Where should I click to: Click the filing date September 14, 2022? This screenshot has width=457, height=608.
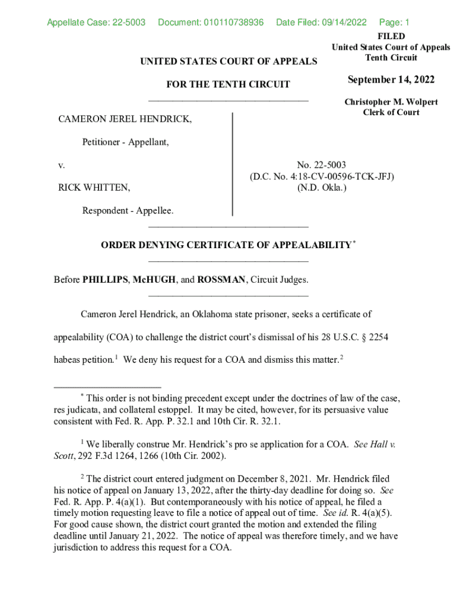(x=391, y=80)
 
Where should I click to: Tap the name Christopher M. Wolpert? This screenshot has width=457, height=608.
(x=391, y=102)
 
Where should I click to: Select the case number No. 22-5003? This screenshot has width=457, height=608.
(x=322, y=165)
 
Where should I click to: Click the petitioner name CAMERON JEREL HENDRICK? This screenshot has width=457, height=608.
(x=125, y=119)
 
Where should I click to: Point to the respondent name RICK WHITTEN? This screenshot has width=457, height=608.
(x=94, y=188)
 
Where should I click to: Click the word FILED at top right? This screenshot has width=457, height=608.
(x=391, y=36)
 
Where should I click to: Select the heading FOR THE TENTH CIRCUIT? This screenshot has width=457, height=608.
(x=228, y=84)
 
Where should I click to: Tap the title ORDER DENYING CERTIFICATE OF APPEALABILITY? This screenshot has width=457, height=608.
(x=226, y=245)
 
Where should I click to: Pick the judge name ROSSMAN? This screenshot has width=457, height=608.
(x=223, y=279)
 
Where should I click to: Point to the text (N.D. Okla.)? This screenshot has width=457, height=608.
(x=322, y=188)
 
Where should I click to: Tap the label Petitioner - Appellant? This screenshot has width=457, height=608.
(x=125, y=142)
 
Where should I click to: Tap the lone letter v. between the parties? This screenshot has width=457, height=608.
(x=61, y=165)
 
